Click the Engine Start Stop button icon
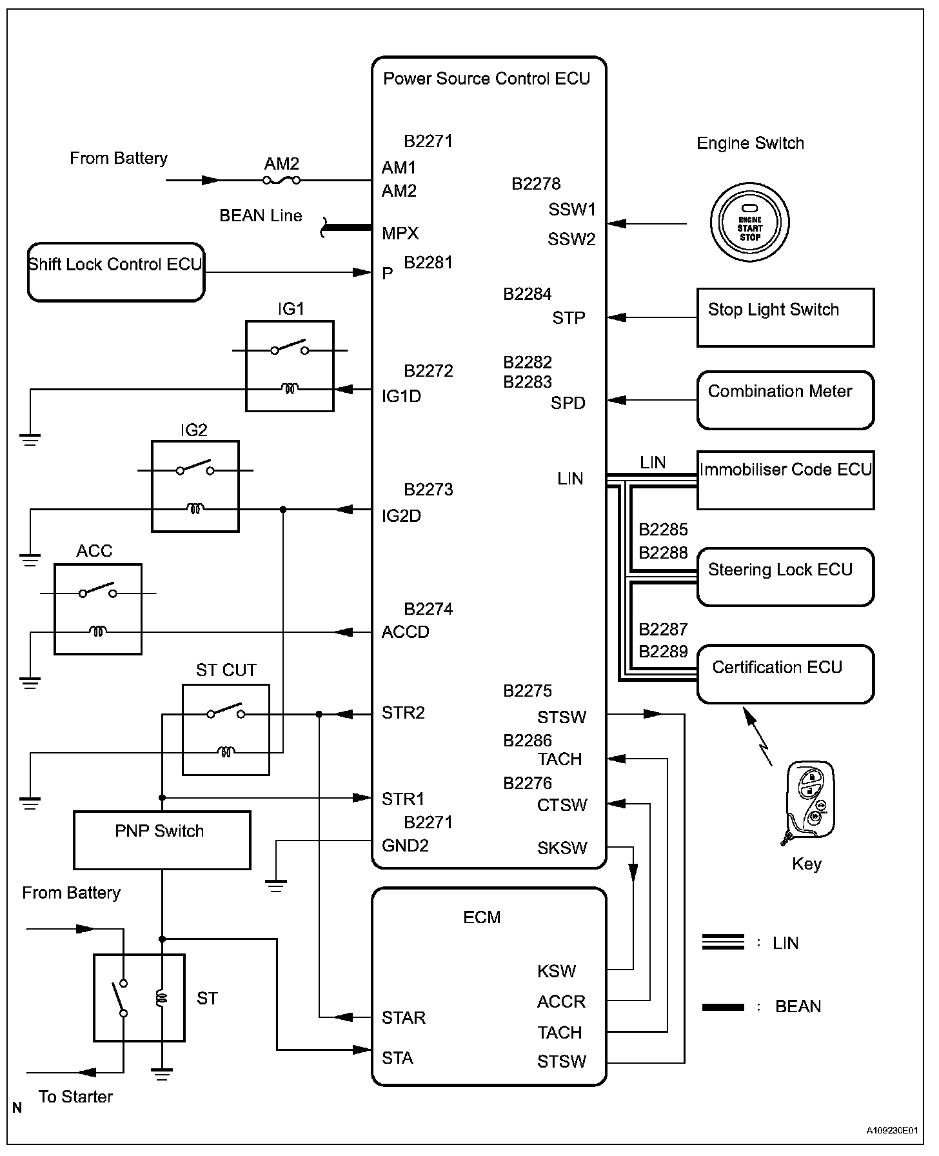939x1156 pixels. (x=749, y=223)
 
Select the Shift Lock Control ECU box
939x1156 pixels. (x=116, y=272)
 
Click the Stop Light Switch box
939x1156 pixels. (x=786, y=317)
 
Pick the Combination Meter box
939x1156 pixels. (x=786, y=400)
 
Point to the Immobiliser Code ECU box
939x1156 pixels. (x=786, y=480)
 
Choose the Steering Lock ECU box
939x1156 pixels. (x=786, y=577)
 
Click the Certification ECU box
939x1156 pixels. (x=786, y=674)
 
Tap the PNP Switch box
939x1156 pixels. (x=162, y=840)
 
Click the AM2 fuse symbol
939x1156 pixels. (x=282, y=181)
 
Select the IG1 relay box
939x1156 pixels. (x=290, y=366)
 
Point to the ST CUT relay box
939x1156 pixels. (x=226, y=730)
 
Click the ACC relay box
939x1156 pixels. (x=98, y=610)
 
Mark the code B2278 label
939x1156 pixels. (x=536, y=184)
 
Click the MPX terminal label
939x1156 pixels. (x=400, y=234)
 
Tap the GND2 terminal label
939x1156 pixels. (x=405, y=846)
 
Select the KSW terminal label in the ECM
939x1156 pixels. (x=557, y=972)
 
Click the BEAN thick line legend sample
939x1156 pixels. (x=723, y=1007)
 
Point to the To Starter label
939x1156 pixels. (x=75, y=1097)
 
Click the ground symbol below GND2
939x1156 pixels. (x=276, y=885)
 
